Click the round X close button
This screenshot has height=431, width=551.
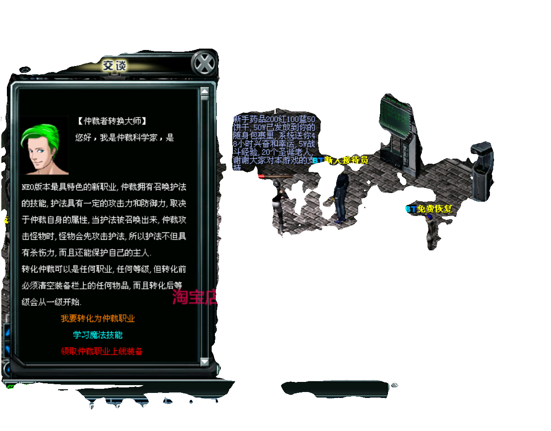click(203, 63)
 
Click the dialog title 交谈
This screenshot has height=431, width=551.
click(114, 66)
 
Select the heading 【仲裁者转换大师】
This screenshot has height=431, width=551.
click(112, 122)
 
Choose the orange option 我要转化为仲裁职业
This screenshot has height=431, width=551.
click(98, 318)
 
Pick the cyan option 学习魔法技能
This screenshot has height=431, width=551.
click(98, 335)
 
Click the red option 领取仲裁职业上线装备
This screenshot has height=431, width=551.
click(102, 351)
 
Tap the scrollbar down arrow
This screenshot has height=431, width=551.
click(205, 361)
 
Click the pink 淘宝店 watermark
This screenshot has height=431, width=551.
click(194, 297)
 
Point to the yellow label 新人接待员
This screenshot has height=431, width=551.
click(345, 160)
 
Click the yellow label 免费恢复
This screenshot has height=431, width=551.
click(433, 209)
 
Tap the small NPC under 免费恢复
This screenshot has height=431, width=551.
click(430, 232)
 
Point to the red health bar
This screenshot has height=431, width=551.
click(275, 176)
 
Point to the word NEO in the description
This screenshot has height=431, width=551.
click(28, 187)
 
